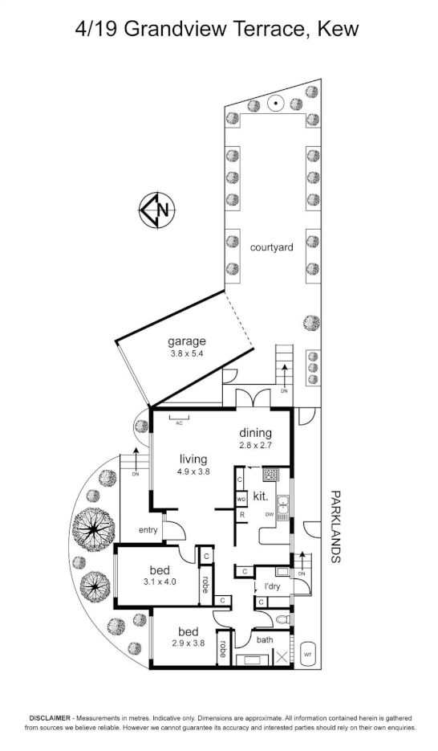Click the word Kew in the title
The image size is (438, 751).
tap(338, 31)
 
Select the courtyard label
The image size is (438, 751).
tap(271, 247)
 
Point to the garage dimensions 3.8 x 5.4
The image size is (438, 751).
tap(187, 353)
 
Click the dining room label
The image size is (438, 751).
tap(255, 433)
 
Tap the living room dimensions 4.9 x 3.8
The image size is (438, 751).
tap(193, 472)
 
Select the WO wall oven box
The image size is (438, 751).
tap(241, 500)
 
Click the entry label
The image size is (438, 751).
tap(148, 529)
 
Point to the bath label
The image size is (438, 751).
tap(265, 640)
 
